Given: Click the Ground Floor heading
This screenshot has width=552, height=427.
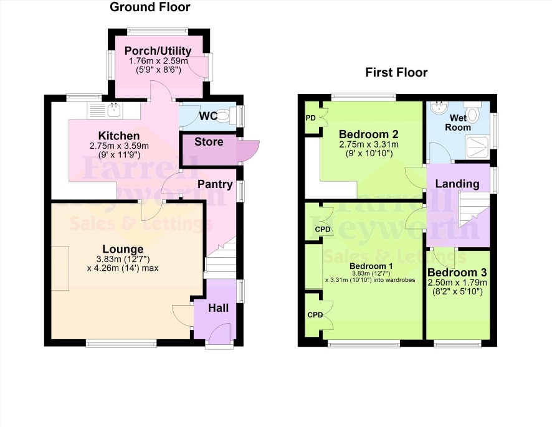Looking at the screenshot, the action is [x=150, y=7].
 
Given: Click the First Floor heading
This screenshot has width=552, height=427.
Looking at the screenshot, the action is [x=396, y=72].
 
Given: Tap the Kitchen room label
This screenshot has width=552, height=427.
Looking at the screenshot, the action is [x=119, y=136].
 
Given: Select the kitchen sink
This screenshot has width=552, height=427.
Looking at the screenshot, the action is [x=114, y=110].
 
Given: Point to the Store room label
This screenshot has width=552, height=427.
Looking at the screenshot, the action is [x=209, y=142].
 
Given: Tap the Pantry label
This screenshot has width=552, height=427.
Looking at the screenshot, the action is [x=215, y=184].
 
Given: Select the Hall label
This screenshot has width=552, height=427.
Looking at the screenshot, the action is [x=218, y=308].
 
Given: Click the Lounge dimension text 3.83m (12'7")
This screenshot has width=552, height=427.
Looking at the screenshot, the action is [x=123, y=260].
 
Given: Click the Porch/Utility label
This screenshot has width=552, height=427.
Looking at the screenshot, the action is [x=158, y=50].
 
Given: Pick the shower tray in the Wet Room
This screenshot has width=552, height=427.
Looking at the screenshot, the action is [x=477, y=148].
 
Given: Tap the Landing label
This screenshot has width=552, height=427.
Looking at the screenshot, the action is [x=457, y=184].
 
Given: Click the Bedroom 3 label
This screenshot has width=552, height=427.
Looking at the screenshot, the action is [x=457, y=273].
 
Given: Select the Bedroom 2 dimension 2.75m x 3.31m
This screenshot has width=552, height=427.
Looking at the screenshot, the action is [x=369, y=144].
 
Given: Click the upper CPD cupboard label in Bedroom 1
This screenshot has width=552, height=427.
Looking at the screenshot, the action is [x=323, y=229].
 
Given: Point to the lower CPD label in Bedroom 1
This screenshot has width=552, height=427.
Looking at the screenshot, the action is [x=315, y=315].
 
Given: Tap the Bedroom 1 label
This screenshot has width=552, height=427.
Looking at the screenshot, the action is [x=369, y=266].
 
